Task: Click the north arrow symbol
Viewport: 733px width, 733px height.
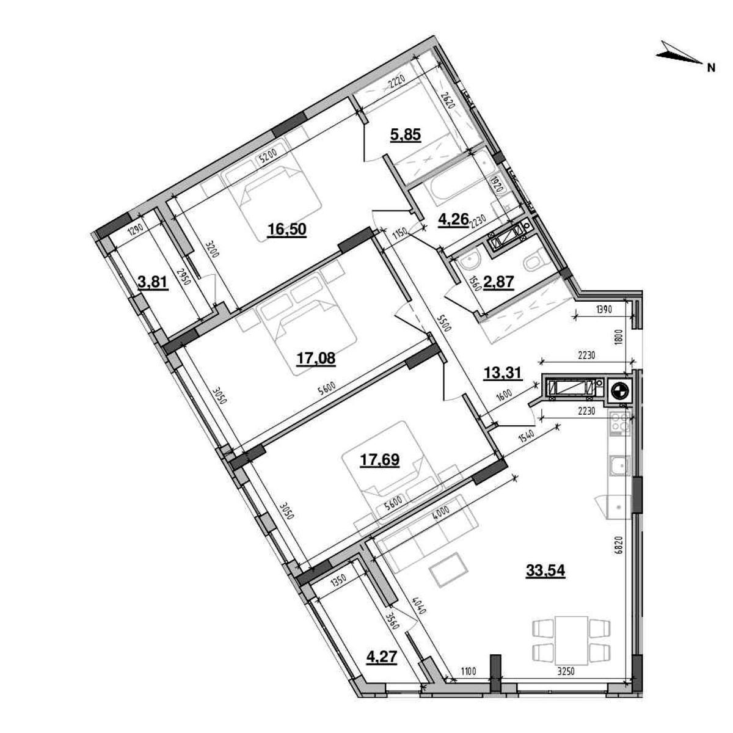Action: click(680, 56)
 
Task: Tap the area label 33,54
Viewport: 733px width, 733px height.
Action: click(545, 571)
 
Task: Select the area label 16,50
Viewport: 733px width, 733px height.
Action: click(286, 229)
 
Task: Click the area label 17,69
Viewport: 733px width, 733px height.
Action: click(379, 459)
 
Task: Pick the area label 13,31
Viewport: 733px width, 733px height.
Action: click(502, 372)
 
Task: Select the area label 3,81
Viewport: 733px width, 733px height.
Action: click(153, 283)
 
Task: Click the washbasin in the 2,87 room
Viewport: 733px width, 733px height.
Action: click(469, 263)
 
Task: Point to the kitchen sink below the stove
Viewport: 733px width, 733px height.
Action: click(619, 467)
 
